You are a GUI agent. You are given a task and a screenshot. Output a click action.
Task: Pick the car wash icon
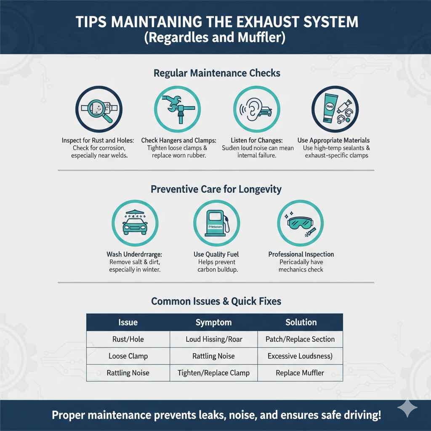135,223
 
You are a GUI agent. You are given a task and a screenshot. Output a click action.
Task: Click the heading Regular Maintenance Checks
217,73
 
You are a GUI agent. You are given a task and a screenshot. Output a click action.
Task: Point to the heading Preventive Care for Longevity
216,189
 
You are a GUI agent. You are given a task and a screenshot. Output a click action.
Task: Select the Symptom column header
213,322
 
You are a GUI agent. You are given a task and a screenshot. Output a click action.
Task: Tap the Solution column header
301,322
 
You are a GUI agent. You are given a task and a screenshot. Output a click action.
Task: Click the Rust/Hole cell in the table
128,339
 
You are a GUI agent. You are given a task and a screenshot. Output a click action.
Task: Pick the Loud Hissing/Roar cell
213,339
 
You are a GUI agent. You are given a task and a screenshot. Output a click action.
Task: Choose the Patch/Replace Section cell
300,339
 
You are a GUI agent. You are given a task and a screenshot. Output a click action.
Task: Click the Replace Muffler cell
300,373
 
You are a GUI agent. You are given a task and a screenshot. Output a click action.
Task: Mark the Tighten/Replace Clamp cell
213,373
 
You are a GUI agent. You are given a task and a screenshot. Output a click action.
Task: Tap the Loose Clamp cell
128,356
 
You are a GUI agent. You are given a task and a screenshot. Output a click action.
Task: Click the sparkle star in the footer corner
407,408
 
